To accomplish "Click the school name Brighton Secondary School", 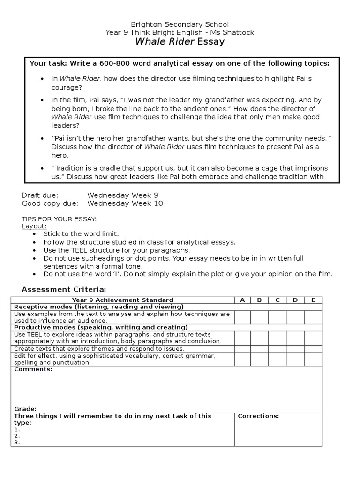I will pyautogui.click(x=180, y=24).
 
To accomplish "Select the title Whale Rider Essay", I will pyautogui.click(x=180, y=42).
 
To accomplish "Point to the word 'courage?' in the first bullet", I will pyautogui.click(x=67, y=87).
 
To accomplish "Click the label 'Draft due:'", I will pyautogui.click(x=40, y=195).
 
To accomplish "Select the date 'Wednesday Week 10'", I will pyautogui.click(x=126, y=203).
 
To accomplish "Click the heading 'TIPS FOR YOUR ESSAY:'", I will pyautogui.click(x=59, y=219).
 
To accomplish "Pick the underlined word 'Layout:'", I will pyautogui.click(x=34, y=226).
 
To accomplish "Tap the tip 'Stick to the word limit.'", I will pyautogui.click(x=81, y=233).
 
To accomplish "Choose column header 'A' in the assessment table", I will pyautogui.click(x=242, y=300).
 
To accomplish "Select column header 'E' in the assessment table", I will pyautogui.click(x=313, y=300).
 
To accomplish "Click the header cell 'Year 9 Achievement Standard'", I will pyautogui.click(x=122, y=300).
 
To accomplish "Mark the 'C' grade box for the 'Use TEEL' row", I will pyautogui.click(x=277, y=338).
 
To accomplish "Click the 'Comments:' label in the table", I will pyautogui.click(x=33, y=369).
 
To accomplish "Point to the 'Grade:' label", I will pyautogui.click(x=25, y=409).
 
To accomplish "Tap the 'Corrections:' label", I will pyautogui.click(x=258, y=416).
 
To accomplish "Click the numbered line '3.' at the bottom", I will pyautogui.click(x=17, y=442).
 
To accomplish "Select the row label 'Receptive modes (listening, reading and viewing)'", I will pyautogui.click(x=98, y=307).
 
